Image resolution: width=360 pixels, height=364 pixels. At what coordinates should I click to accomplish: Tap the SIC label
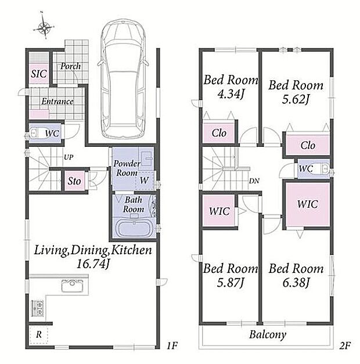pos(39,74)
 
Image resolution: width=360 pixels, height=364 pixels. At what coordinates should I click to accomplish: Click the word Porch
pos(71,66)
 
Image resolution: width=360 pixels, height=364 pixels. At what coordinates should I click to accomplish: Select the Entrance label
pos(57,102)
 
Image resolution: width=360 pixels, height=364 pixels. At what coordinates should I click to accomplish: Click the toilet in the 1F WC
pos(34,134)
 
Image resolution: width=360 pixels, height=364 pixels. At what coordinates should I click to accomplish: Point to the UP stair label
pos(69,157)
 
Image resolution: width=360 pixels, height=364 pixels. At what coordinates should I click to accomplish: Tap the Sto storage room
pos(74,181)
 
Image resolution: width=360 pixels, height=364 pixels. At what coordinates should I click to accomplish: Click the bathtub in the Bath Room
pos(134,229)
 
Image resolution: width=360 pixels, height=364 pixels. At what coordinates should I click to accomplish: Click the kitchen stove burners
pos(37,308)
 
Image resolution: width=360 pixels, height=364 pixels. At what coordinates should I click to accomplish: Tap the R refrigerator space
pos(39,334)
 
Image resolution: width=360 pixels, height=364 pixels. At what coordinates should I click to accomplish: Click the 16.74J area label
pos(93,264)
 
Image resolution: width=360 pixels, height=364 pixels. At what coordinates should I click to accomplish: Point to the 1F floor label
pos(172,346)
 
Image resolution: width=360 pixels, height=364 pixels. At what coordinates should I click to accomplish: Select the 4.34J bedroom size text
pos(230,94)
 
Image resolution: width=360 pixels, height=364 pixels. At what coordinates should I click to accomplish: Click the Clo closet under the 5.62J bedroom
pos(308,145)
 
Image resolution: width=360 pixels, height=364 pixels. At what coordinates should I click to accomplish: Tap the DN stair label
pos(254,181)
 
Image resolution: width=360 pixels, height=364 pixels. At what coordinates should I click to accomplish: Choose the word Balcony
pos(268,335)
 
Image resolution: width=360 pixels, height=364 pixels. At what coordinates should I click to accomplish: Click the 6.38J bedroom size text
pos(296,283)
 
